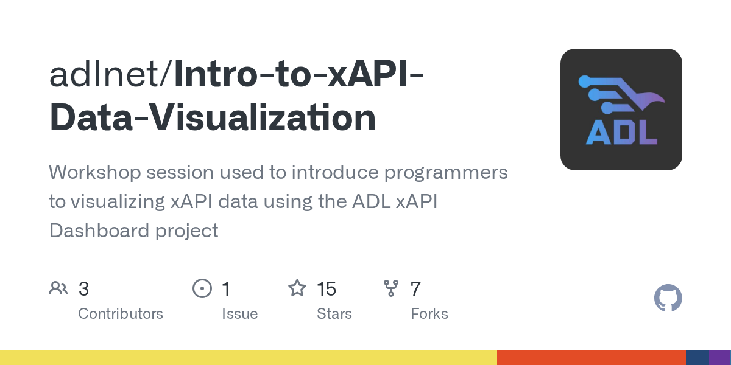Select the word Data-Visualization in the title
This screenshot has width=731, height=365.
[213, 117]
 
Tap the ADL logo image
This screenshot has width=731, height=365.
[621, 109]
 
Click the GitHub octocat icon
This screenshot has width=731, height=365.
[668, 298]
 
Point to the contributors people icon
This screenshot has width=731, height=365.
[58, 288]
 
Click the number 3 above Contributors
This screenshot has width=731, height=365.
[83, 289]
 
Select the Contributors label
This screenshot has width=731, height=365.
[121, 314]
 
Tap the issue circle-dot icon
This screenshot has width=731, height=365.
[202, 288]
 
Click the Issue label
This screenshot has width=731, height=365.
[240, 314]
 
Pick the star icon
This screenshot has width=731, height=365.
[297, 288]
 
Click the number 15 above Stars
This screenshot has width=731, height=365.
[327, 289]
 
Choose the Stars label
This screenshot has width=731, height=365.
[334, 314]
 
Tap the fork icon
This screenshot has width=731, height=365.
[391, 288]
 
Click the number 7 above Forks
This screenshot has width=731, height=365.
[415, 289]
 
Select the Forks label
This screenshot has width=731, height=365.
[429, 314]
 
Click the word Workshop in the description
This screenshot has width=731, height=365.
[95, 172]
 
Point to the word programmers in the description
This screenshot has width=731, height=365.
[446, 173]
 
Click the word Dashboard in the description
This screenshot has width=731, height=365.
[99, 231]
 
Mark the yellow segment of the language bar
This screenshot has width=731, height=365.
[249, 358]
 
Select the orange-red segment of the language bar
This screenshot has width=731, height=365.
[592, 358]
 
